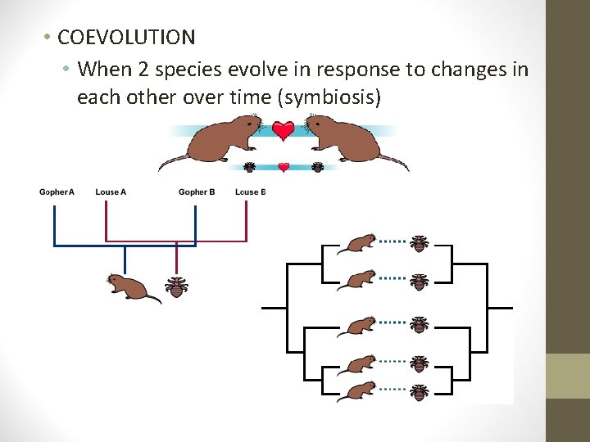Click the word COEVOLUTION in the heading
pyautogui.click(x=126, y=38)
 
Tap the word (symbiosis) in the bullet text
pyautogui.click(x=329, y=97)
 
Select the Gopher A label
pyautogui.click(x=57, y=192)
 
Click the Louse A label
pyautogui.click(x=111, y=192)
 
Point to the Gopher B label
pyautogui.click(x=197, y=192)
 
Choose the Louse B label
pyautogui.click(x=251, y=192)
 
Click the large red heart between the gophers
pyautogui.click(x=284, y=131)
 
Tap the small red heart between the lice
pyautogui.click(x=284, y=167)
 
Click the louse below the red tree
pyautogui.click(x=176, y=286)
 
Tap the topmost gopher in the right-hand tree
pyautogui.click(x=358, y=242)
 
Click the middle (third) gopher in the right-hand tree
pyautogui.click(x=358, y=325)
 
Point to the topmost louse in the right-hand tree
pyautogui.click(x=420, y=242)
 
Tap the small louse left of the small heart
pyautogui.click(x=249, y=167)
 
